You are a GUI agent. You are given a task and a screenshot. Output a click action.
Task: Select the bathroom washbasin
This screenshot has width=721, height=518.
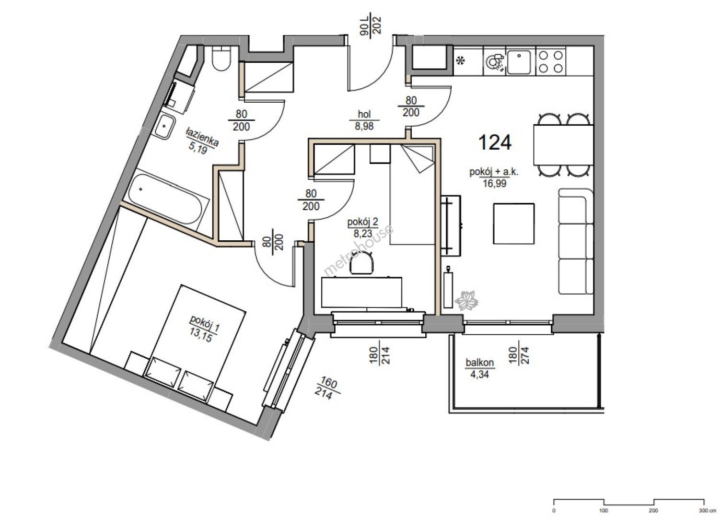(164, 127)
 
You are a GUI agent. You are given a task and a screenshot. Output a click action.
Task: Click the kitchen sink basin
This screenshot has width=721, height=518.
(519, 62)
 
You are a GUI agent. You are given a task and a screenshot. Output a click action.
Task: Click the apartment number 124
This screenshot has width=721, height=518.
(495, 142)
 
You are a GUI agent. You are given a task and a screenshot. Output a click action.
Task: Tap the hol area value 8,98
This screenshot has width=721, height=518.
(364, 126)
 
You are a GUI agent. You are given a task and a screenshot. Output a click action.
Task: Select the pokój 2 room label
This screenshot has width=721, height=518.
(363, 222)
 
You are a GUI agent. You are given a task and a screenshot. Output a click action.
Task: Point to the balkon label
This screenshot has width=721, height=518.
(479, 363)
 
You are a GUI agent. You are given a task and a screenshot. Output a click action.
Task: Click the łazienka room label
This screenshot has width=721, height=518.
(202, 137)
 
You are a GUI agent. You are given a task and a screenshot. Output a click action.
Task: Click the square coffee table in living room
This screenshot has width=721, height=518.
(514, 224)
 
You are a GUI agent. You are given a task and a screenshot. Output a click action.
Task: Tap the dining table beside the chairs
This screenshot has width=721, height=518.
(563, 145)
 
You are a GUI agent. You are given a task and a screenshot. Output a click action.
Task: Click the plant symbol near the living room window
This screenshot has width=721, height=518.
(466, 300)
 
